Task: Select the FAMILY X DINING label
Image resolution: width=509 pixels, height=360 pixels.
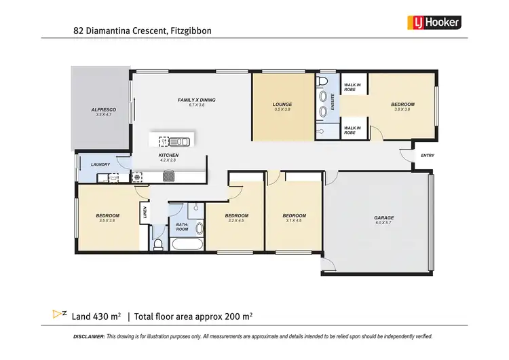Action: pos(196,101)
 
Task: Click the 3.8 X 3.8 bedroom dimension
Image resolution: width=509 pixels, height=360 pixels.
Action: pos(402,109)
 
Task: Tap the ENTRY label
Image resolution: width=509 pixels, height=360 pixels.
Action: pos(427,156)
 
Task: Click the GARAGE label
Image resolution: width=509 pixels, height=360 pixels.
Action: pos(383,217)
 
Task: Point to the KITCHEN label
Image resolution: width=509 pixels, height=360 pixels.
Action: pos(168,156)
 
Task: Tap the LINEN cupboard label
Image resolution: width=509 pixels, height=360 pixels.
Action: pos(145,212)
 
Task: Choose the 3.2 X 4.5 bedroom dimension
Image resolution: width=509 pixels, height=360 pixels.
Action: pos(236,220)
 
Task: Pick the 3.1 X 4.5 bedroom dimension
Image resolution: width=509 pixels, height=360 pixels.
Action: pos(294,220)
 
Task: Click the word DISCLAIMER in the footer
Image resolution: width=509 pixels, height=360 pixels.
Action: pos(89,337)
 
